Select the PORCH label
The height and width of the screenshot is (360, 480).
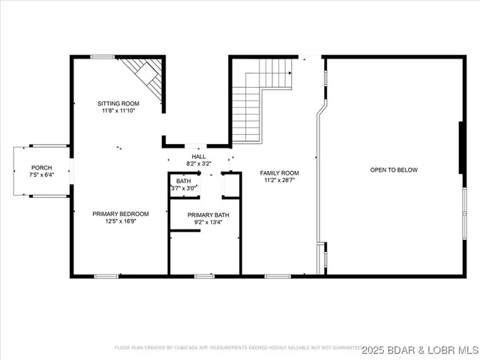point(41,167)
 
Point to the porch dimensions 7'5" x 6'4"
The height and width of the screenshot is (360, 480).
point(41,175)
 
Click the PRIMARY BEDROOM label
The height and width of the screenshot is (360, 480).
point(121,214)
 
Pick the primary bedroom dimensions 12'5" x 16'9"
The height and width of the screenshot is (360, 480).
point(121,221)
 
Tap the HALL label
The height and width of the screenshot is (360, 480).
point(198,156)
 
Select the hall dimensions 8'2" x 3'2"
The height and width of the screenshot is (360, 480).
point(198,163)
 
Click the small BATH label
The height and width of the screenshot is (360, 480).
point(183,181)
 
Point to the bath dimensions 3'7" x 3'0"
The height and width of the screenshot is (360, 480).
point(183,189)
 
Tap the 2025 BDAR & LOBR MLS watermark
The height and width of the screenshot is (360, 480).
point(420,350)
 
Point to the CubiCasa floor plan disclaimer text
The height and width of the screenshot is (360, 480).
point(236,348)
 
